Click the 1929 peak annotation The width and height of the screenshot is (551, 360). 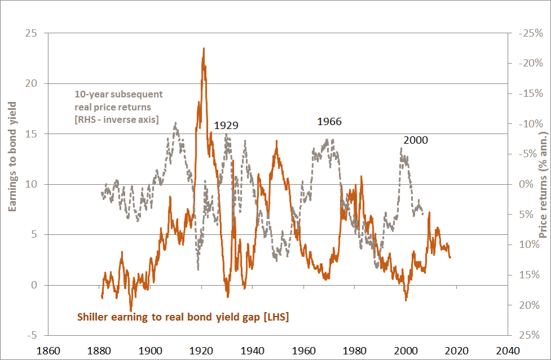point(226,126)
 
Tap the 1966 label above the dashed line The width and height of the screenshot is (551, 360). point(330,121)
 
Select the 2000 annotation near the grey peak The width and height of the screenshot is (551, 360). point(415,140)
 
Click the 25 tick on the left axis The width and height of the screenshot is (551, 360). point(32,33)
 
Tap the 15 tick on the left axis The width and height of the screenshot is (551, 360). point(32,134)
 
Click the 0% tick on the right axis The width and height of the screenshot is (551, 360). point(525,184)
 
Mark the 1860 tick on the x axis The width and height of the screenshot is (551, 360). point(49,350)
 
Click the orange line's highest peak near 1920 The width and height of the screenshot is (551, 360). point(203,48)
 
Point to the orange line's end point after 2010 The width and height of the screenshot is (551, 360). point(450,257)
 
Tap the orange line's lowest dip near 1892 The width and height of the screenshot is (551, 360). point(131,310)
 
